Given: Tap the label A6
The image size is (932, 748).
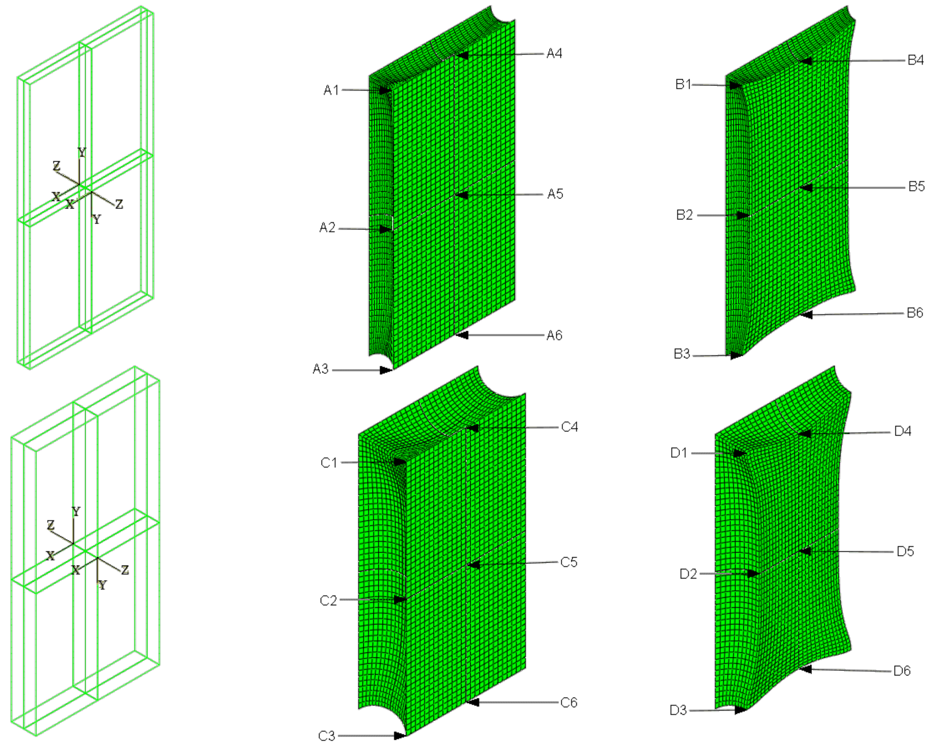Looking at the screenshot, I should [554, 335].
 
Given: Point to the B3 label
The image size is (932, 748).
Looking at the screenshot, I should [682, 354].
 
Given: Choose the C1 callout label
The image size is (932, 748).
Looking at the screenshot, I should [328, 463].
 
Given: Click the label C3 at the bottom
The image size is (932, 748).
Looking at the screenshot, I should [326, 736].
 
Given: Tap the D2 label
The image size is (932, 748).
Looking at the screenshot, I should [688, 574].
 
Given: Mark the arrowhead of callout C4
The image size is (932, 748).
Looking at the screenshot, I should [473, 428].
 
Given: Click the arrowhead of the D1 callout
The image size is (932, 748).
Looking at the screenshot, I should [740, 453].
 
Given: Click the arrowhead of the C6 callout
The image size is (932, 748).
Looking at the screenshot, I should [473, 702].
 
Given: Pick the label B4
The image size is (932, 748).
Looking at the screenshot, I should [915, 60].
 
